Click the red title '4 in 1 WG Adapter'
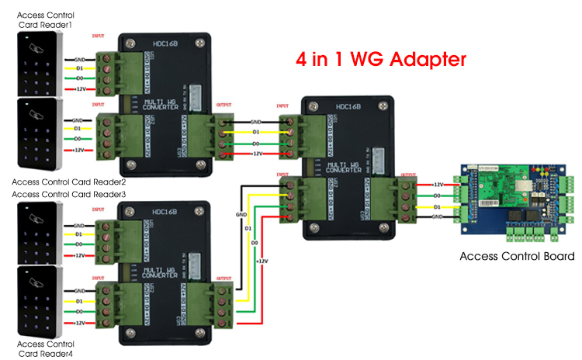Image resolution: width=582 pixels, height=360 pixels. [x=382, y=59]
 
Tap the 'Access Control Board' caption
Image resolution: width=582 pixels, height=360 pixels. [x=517, y=256]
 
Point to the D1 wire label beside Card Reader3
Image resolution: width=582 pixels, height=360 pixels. [x=78, y=233]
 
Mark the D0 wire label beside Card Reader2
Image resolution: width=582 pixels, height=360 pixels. [x=78, y=138]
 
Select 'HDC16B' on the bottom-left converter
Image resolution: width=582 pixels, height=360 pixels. [x=165, y=211]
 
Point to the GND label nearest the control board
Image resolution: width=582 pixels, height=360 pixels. [x=438, y=218]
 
